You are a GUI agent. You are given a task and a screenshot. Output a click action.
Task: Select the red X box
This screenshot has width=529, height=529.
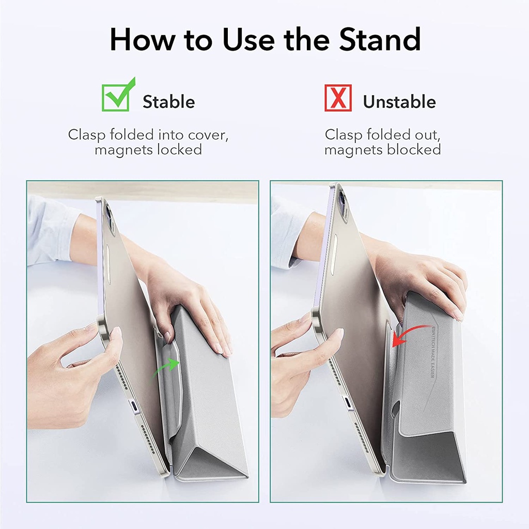tap(338, 98)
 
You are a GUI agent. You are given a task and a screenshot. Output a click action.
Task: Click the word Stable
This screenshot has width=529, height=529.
tap(168, 102)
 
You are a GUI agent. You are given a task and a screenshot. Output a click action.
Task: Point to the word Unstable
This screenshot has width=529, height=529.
tap(399, 102)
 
